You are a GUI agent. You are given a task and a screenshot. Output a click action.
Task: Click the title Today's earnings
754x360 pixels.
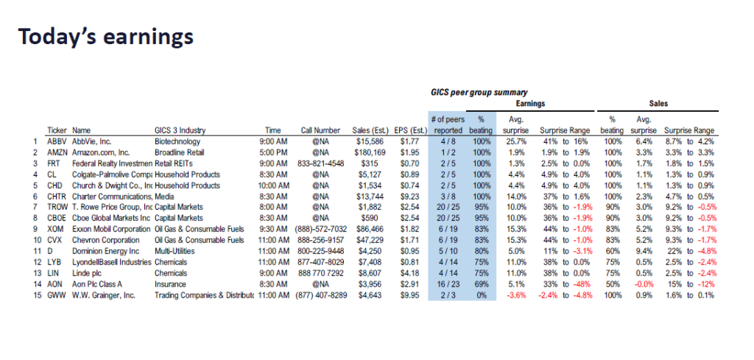point(106,37)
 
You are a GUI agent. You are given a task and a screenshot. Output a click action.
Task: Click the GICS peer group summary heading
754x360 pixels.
point(479,92)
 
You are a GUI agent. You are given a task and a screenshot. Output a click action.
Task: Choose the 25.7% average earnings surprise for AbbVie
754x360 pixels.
point(514,141)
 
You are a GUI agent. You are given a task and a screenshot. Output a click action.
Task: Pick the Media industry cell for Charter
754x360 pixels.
point(166,197)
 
